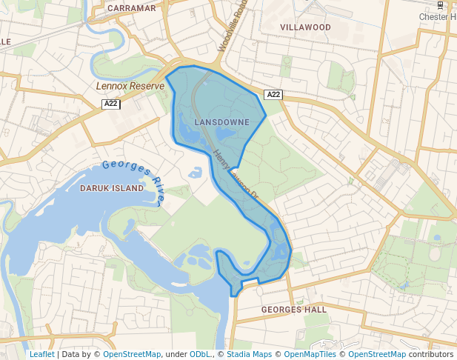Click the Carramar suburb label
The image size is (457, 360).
point(132,8)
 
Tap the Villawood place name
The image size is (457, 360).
point(305,27)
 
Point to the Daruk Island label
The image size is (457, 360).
point(111,188)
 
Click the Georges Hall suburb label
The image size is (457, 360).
point(294,309)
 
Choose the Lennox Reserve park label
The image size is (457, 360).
point(130,86)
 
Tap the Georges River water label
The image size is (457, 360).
point(134,181)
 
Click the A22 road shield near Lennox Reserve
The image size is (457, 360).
point(111,104)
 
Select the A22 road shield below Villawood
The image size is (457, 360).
point(273,94)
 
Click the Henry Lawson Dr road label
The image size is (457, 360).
point(234,175)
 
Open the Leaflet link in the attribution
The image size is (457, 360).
point(42,354)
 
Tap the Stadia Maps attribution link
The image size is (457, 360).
point(249,354)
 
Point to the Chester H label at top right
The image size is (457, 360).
point(438,16)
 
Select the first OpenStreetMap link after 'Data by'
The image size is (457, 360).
point(132,354)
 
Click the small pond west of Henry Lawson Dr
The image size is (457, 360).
point(196,173)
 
